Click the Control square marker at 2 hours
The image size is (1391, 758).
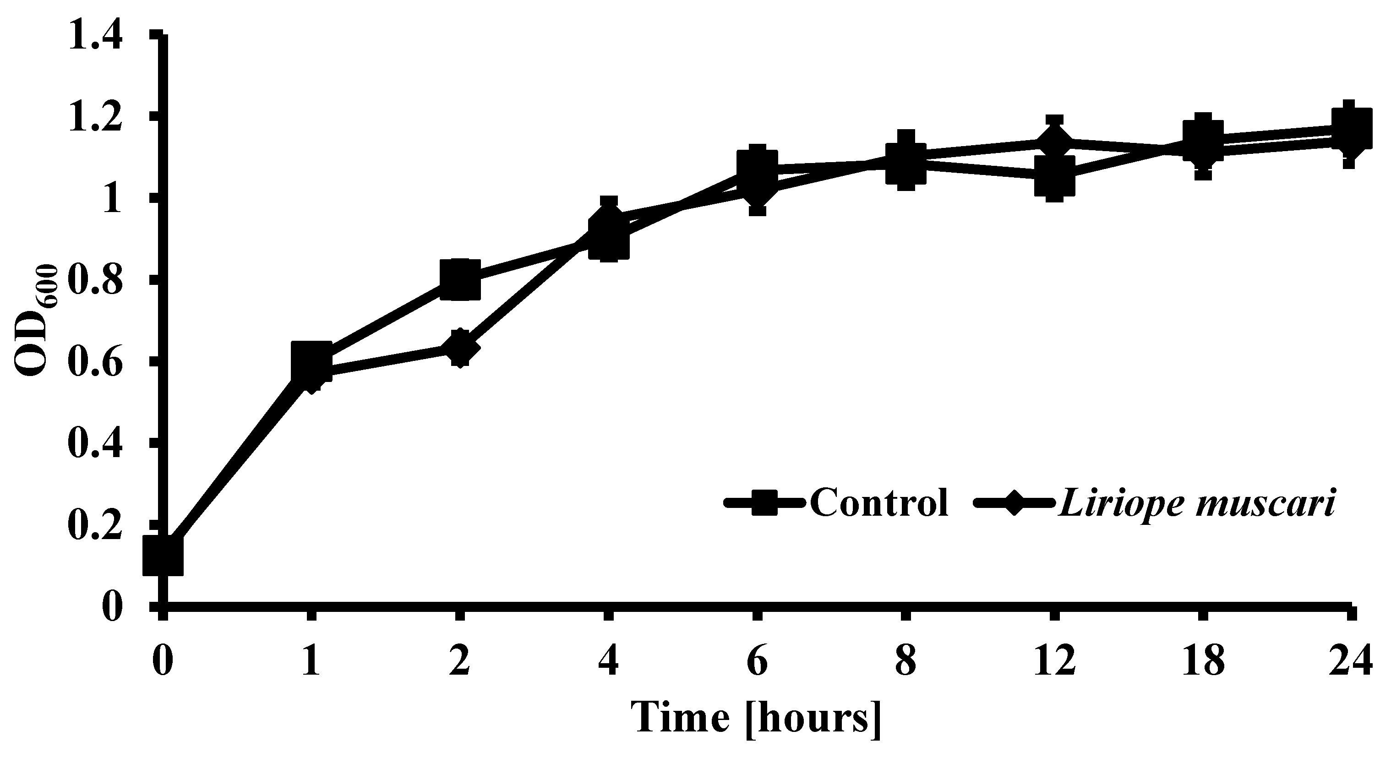459,279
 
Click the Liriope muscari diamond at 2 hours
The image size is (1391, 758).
459,348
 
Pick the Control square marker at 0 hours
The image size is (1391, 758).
163,556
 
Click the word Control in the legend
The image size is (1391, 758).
879,502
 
